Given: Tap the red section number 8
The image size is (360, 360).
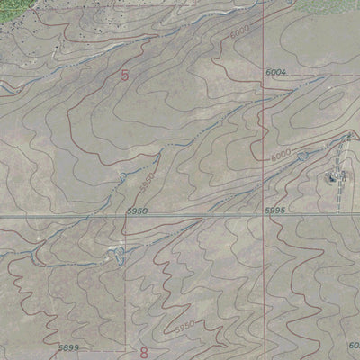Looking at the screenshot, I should pyautogui.click(x=142, y=349).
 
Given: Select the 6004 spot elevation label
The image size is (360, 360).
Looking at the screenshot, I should pyautogui.click(x=276, y=71).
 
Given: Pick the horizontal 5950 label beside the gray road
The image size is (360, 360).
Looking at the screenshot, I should pyautogui.click(x=138, y=211).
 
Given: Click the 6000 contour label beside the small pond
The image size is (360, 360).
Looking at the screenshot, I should pyautogui.click(x=281, y=157).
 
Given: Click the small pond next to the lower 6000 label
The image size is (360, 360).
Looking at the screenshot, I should pyautogui.click(x=302, y=157).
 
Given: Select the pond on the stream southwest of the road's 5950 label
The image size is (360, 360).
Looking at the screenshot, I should pyautogui.click(x=115, y=256).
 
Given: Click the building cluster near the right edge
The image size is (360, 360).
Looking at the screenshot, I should pyautogui.click(x=336, y=177).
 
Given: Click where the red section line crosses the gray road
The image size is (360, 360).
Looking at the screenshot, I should pyautogui.click(x=263, y=217).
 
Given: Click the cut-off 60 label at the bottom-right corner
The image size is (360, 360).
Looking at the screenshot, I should pyautogui.click(x=353, y=345).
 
